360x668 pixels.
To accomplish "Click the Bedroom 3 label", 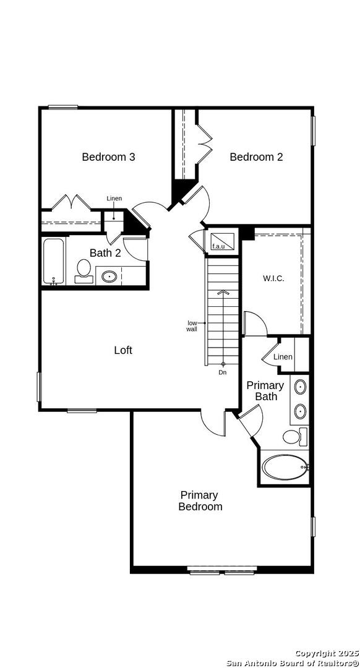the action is pyautogui.click(x=109, y=156).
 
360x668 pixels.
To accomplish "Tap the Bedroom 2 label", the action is pyautogui.click(x=256, y=156).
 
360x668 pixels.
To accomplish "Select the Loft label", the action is pyautogui.click(x=123, y=350).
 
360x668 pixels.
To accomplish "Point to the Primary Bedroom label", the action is pyautogui.click(x=200, y=501).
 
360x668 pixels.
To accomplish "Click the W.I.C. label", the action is pyautogui.click(x=273, y=279).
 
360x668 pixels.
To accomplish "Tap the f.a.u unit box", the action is pyautogui.click(x=222, y=242).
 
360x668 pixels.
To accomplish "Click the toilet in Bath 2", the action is pyautogui.click(x=84, y=271).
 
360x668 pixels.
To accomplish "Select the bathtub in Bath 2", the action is pyautogui.click(x=54, y=261).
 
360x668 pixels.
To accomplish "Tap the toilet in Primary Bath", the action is pyautogui.click(x=295, y=437).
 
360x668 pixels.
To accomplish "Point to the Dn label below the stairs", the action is pyautogui.click(x=223, y=373).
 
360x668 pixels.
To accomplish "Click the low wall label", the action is pyautogui.click(x=192, y=326).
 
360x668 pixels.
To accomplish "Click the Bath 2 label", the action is pyautogui.click(x=105, y=252).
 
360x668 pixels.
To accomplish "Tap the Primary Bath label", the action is pyautogui.click(x=265, y=391).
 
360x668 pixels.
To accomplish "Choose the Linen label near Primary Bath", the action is pyautogui.click(x=283, y=357).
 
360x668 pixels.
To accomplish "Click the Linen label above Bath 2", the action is pyautogui.click(x=114, y=199).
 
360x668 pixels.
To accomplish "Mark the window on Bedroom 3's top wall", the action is pyautogui.click(x=62, y=107).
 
